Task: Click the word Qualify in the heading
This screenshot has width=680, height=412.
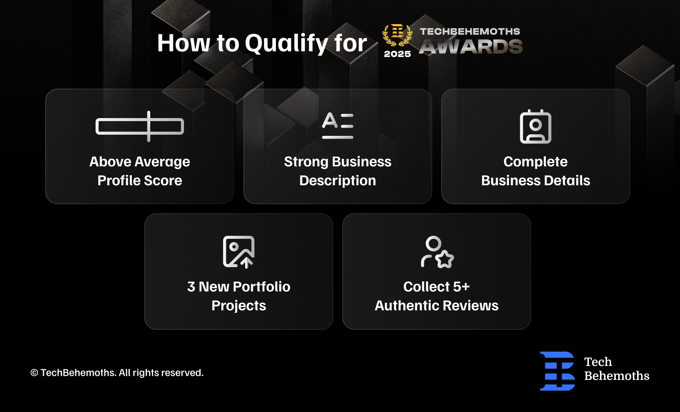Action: (287, 43)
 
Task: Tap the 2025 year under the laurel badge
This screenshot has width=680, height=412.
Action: (397, 54)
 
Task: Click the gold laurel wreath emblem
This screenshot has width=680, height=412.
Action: (397, 35)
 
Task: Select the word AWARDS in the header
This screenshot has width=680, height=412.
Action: (471, 46)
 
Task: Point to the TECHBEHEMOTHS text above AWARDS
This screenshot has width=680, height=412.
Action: (470, 31)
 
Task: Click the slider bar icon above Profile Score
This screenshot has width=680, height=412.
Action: (140, 126)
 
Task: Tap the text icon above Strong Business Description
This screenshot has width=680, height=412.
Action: (338, 126)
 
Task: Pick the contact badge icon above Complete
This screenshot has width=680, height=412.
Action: (536, 126)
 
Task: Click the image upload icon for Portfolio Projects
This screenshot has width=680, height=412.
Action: (239, 252)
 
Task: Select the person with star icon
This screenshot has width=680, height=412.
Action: (437, 252)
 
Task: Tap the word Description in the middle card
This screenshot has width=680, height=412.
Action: (338, 181)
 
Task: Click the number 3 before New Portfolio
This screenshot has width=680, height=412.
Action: (191, 287)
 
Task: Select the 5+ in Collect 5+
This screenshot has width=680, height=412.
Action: (462, 287)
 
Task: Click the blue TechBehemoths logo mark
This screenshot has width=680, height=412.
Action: (558, 371)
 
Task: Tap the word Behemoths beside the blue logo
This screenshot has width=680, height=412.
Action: (617, 376)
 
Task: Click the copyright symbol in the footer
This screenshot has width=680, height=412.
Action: (34, 373)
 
